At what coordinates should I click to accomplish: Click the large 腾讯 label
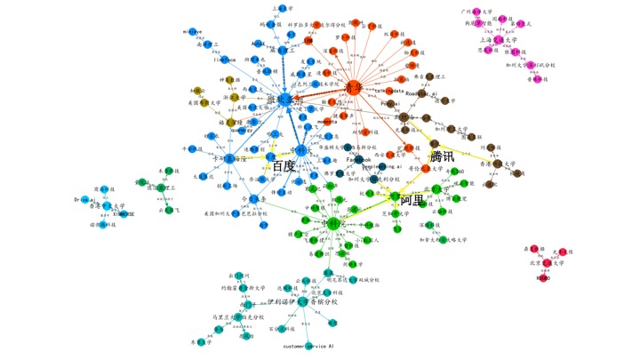pyautogui.click(x=441, y=156)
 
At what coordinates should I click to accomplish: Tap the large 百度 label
pyautogui.click(x=283, y=166)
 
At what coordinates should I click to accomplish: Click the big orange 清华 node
pyautogui.click(x=355, y=88)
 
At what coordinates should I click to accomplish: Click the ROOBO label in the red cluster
pyautogui.click(x=545, y=279)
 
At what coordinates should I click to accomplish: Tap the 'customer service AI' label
pyautogui.click(x=308, y=346)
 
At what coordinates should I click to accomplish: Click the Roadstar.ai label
pyautogui.click(x=422, y=91)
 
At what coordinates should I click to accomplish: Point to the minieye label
pyautogui.click(x=193, y=31)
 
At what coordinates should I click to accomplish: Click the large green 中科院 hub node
pyautogui.click(x=332, y=224)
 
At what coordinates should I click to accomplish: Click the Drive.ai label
pyautogui.click(x=86, y=201)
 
